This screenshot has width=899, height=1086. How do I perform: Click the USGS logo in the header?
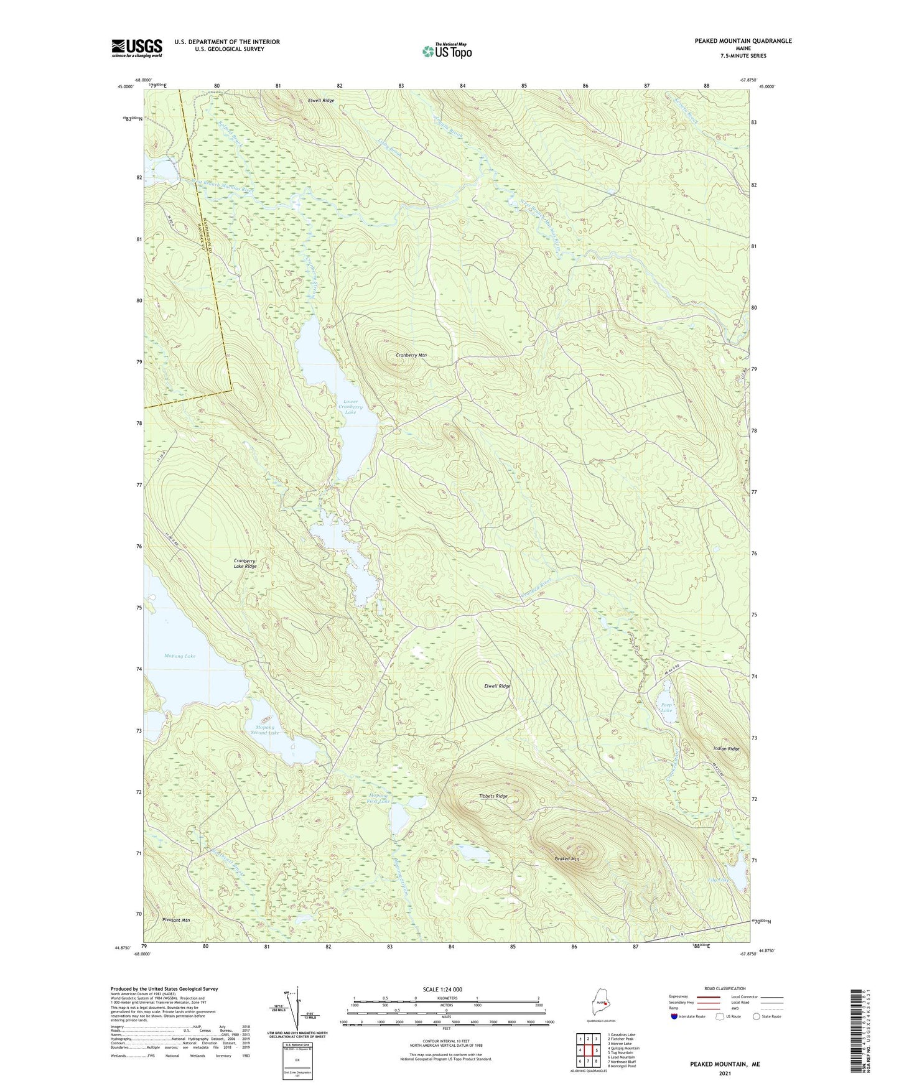tap(136, 48)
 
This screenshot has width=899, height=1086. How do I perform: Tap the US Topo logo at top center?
tap(446, 51)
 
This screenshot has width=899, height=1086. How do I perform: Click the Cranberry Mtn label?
tap(411, 355)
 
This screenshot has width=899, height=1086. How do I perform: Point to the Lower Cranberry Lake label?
tap(350, 407)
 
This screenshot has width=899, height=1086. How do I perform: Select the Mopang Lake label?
tap(180, 656)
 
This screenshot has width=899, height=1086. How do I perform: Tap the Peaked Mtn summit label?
tap(567, 859)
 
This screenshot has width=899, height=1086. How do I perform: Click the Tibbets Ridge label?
tap(493, 796)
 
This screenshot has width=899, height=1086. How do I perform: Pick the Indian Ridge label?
tap(726, 749)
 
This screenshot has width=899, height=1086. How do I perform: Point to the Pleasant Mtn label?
tap(175, 920)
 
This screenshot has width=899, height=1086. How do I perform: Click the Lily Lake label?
tap(717, 879)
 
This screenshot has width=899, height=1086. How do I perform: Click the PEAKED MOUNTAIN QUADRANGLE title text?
tap(743, 41)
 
